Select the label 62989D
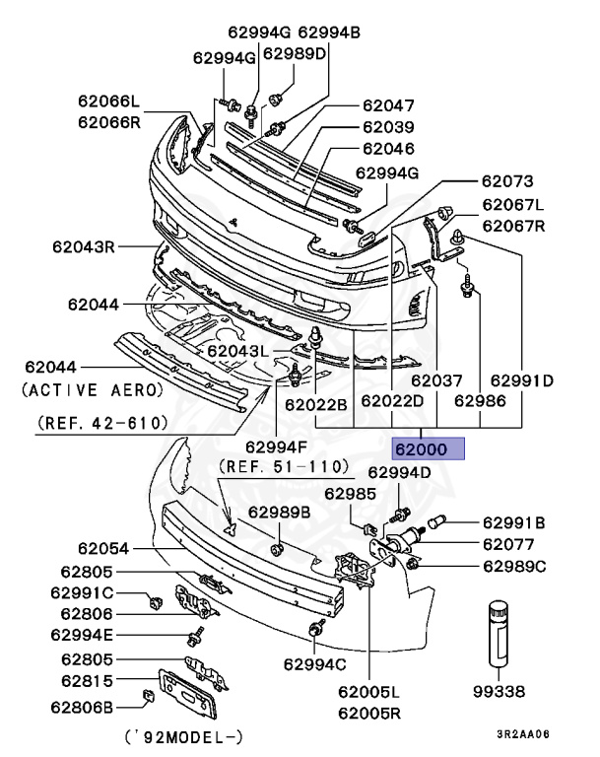pyautogui.click(x=295, y=52)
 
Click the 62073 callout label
pyautogui.click(x=506, y=181)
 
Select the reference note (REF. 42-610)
pyautogui.click(x=102, y=423)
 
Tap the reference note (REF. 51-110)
pyautogui.click(x=284, y=465)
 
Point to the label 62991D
pyautogui.click(x=521, y=379)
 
